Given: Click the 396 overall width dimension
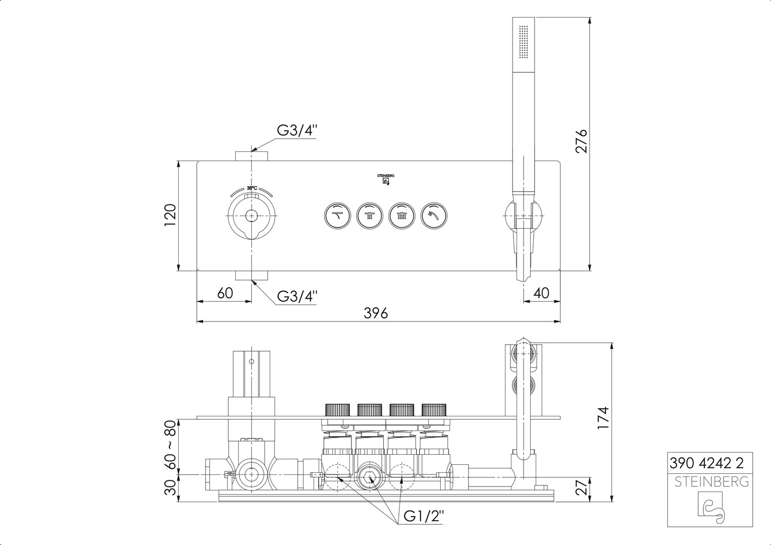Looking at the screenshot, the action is (376, 313).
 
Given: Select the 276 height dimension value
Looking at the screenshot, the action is (581, 141).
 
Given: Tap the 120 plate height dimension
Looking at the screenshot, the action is (170, 215).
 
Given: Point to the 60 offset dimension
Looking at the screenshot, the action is (225, 293).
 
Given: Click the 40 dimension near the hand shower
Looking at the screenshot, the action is (541, 293).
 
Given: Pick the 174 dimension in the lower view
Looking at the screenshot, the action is (603, 418).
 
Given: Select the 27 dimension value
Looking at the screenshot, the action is (581, 487).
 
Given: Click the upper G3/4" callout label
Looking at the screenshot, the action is (297, 131).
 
